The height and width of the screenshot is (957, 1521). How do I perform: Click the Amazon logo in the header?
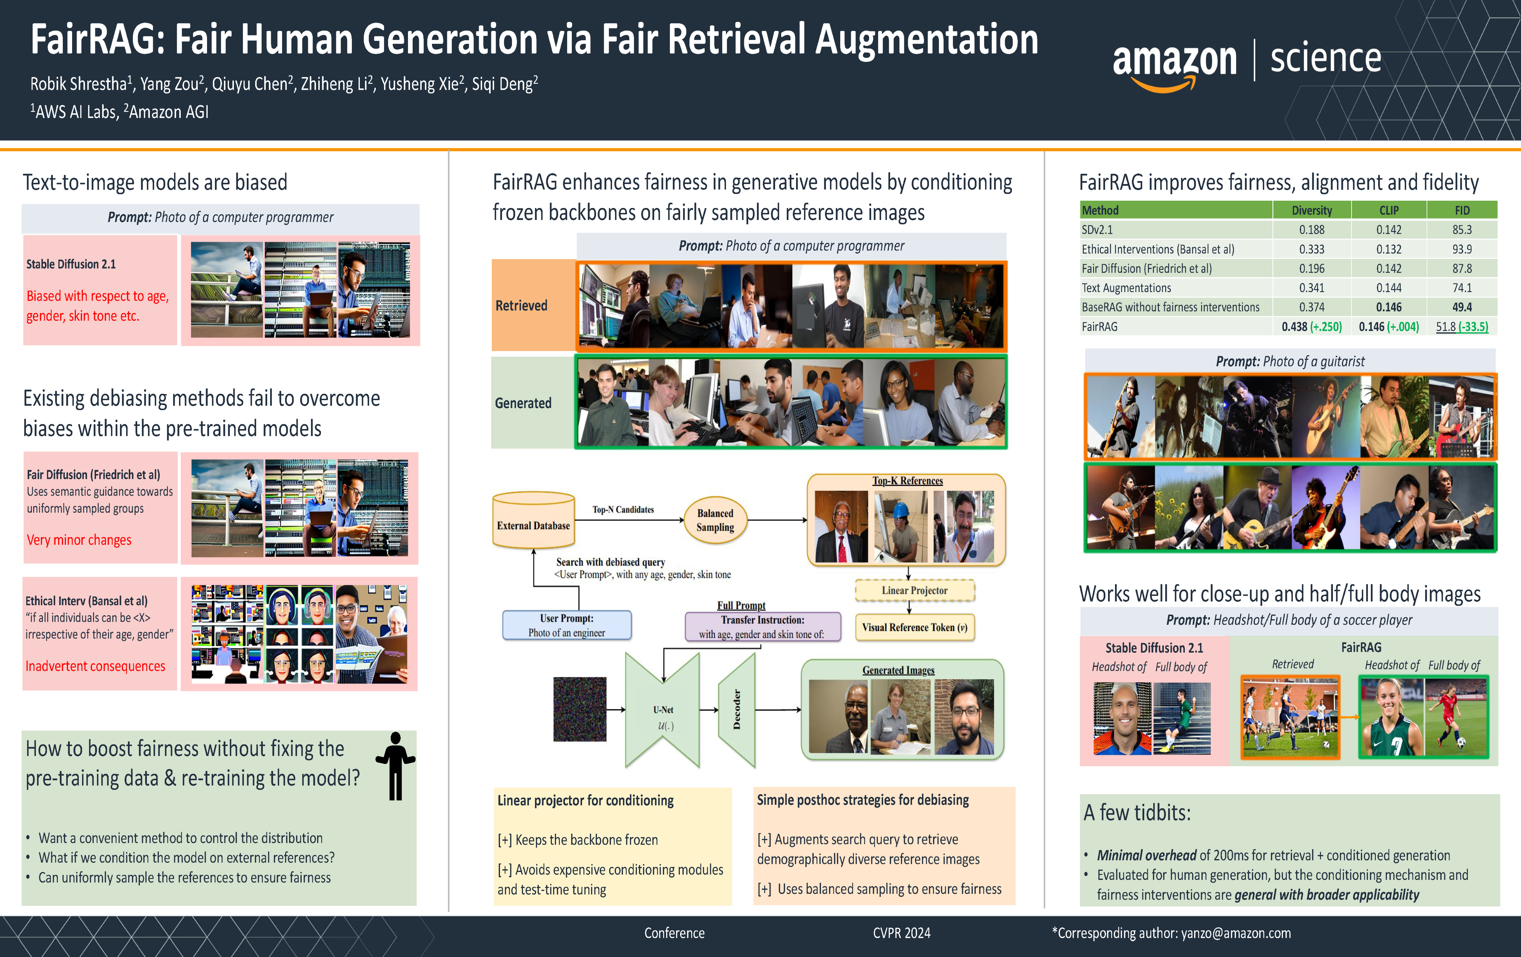click(1173, 65)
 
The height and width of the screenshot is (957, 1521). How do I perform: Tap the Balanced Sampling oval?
click(715, 520)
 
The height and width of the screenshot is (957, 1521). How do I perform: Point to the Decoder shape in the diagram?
click(737, 709)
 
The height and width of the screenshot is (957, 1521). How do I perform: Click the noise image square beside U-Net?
click(579, 709)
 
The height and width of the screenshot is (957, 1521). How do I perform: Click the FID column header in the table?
click(1462, 210)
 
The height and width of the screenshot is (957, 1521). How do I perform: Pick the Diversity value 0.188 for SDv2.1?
click(1311, 230)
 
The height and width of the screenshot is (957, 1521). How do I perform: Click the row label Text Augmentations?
click(1126, 288)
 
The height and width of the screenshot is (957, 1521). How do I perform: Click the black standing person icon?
click(395, 766)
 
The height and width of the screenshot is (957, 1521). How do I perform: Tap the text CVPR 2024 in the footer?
click(901, 933)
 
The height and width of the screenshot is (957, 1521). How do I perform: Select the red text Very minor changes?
click(79, 540)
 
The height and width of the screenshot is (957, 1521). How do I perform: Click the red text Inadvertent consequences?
click(95, 667)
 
